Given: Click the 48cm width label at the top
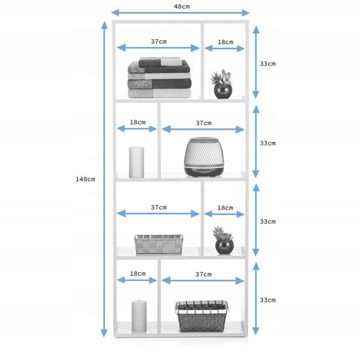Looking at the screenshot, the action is pos(182,7).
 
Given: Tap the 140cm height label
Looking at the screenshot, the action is pos(86,179).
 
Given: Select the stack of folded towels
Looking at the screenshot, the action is pos(159,78).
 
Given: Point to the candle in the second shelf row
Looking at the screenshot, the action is pos(136,162).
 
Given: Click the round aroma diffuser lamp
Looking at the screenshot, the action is pos(204,156).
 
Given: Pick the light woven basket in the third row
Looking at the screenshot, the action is pos(158,244).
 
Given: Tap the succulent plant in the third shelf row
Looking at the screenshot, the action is pos(224,240).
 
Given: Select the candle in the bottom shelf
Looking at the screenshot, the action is pos(139,316).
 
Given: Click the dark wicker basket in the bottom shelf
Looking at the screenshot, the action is pos(202,316).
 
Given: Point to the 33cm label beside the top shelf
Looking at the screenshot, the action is pos(268,63).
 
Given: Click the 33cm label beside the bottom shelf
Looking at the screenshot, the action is pos(268,300).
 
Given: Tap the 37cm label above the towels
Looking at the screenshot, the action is pos(158,41).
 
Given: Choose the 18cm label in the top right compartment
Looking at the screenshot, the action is pos(225,42).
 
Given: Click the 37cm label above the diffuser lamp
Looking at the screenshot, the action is pos(204,123).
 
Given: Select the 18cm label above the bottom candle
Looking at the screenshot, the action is pos(137,274).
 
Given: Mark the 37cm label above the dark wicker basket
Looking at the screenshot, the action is pos(204,274).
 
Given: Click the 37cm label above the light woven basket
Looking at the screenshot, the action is pos(158,207).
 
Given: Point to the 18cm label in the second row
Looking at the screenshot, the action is pos(137,122).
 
